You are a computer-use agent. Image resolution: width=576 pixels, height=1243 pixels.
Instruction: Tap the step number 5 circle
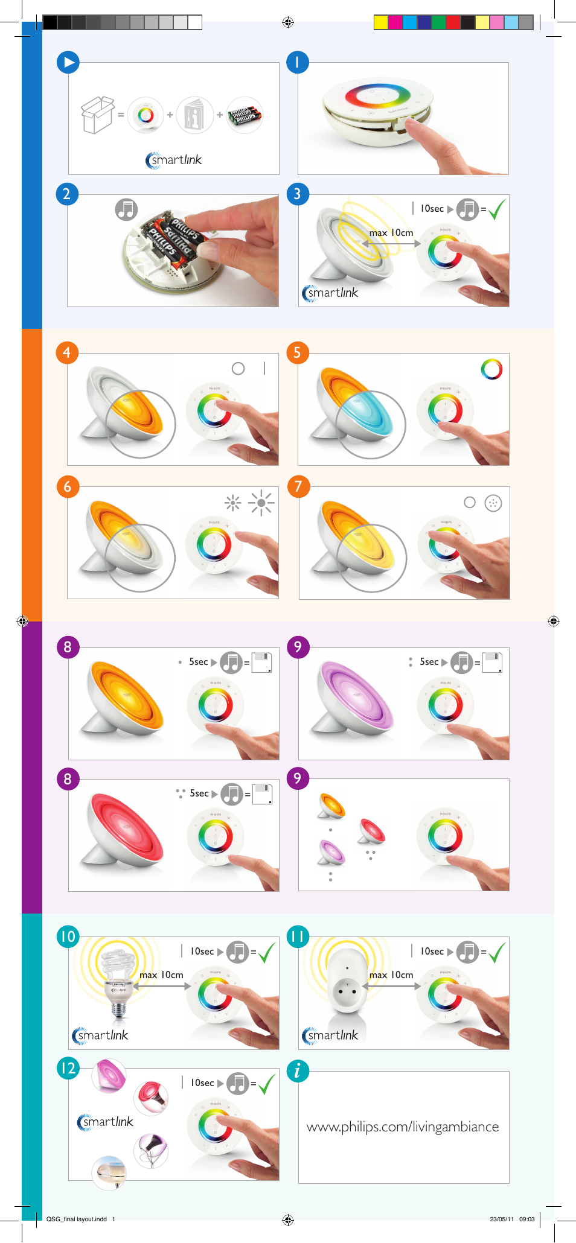(297, 352)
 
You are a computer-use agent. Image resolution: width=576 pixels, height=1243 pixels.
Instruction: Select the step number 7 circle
(298, 486)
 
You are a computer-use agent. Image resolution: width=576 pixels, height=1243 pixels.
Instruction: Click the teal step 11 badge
(298, 936)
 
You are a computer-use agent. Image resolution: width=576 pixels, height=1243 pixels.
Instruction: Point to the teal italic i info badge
(297, 1071)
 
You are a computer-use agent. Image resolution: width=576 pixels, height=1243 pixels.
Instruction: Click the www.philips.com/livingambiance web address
(403, 1127)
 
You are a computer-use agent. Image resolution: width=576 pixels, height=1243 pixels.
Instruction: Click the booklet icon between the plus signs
(195, 115)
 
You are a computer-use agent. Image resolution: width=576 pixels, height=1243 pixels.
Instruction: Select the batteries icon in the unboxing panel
(245, 115)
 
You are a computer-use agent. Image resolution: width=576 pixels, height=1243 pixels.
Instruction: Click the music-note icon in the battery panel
(126, 209)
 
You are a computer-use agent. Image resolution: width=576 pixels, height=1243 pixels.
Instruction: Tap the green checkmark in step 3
(497, 209)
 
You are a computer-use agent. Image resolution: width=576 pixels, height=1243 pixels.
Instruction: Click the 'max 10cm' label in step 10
(161, 975)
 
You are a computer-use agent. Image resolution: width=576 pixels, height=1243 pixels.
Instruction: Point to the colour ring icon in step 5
(491, 369)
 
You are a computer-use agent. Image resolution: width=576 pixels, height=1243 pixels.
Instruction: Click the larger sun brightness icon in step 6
(261, 502)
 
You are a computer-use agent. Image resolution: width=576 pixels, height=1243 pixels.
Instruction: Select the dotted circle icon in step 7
(493, 503)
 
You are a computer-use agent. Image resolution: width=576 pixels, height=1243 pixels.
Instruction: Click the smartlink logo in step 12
(106, 1122)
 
